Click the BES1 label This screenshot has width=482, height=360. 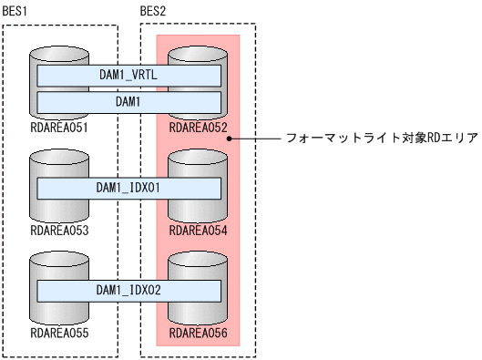[16, 9]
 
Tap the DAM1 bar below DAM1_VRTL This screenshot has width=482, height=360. [128, 101]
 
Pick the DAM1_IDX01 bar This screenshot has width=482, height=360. [128, 188]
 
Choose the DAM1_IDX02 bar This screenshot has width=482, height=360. [128, 291]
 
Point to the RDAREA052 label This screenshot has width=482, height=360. [199, 127]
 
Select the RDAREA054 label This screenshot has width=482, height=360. [199, 230]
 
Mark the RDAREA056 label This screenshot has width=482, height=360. [199, 334]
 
